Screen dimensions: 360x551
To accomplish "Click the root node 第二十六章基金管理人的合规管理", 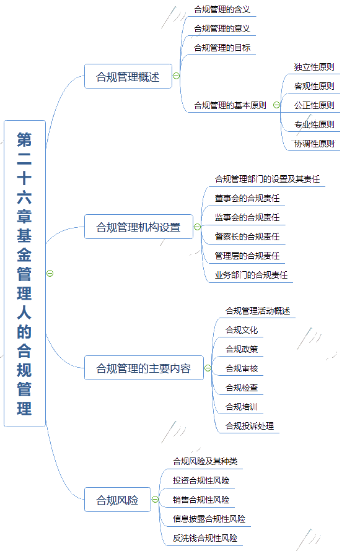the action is coord(25,274).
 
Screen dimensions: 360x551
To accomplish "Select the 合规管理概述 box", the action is coord(128,76).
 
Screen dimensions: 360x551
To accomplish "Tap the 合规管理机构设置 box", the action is coord(139,227).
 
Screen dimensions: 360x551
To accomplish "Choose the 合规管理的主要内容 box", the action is coord(144,368).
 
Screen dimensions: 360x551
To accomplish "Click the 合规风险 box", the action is coord(118,500).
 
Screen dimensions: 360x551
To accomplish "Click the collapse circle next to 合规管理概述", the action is coord(176,76).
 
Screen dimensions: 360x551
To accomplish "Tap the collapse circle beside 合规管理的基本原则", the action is coord(277,105).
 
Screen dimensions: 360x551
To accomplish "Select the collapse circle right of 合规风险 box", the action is coord(155,500).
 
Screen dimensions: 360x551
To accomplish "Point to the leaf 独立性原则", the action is coord(314,67).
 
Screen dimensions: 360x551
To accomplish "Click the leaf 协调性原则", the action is coord(314,144).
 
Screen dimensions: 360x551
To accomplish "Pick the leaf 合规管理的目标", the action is coord(222,48).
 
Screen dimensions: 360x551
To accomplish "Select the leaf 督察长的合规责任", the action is coord(247,237).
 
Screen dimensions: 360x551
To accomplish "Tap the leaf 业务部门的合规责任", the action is coord(251,275).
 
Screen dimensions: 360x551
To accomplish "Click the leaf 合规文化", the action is coord(242,331).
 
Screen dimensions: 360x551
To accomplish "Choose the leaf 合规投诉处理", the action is coord(250,427).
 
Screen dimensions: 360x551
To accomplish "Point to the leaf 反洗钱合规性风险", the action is coord(205,538).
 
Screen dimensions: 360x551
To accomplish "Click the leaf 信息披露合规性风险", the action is coord(209,519).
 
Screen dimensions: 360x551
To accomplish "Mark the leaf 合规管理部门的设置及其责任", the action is coord(267,179).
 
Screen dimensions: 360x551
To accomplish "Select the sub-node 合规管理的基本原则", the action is coord(230,105).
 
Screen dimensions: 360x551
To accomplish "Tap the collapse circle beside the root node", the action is coord(50,274).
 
